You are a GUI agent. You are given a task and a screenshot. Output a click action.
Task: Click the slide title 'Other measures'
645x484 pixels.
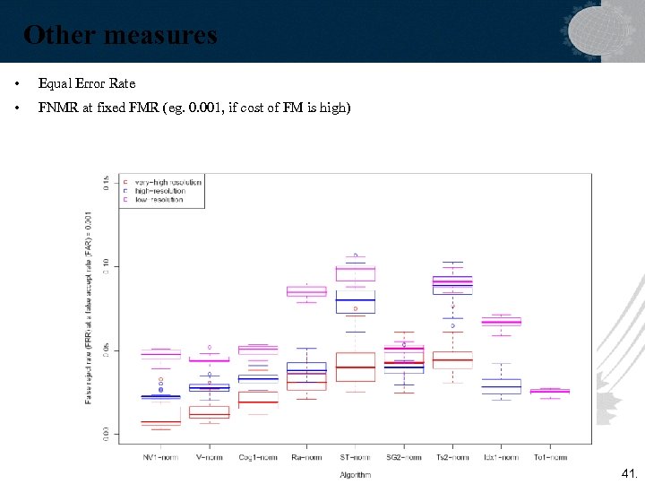coord(120,35)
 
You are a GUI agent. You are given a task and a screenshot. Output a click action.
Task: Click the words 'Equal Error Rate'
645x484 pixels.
coord(87,83)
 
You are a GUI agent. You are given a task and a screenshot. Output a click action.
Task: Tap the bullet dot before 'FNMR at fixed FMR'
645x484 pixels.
coord(17,109)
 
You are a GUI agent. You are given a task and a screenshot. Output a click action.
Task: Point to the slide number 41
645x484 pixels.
coord(629,472)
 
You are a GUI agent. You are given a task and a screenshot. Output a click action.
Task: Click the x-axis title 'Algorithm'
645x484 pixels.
coord(355,475)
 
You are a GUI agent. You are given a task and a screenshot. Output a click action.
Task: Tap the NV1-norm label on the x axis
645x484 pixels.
coord(161,457)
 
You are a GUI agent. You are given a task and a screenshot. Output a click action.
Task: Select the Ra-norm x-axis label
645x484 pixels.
coord(306,457)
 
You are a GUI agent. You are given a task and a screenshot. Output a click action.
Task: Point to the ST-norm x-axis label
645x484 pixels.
coord(355,457)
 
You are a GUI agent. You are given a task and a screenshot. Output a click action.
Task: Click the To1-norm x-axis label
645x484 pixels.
coord(550,457)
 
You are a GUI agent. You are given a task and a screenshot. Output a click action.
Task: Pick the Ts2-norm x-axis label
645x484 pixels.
coord(452,457)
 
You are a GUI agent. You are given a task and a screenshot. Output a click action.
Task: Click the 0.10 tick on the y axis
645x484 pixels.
coord(107,266)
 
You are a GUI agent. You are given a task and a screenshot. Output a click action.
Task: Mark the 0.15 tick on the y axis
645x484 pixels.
coord(107,183)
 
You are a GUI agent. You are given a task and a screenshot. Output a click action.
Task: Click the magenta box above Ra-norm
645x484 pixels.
coord(306,291)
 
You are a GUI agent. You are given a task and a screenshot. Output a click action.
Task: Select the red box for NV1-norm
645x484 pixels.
coord(161,421)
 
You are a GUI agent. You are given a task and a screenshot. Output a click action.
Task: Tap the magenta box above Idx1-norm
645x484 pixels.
coord(501,321)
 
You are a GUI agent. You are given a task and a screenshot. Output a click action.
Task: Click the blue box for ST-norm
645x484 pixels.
coord(355,302)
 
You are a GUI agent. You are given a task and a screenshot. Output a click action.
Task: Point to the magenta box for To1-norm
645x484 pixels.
coord(549,391)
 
